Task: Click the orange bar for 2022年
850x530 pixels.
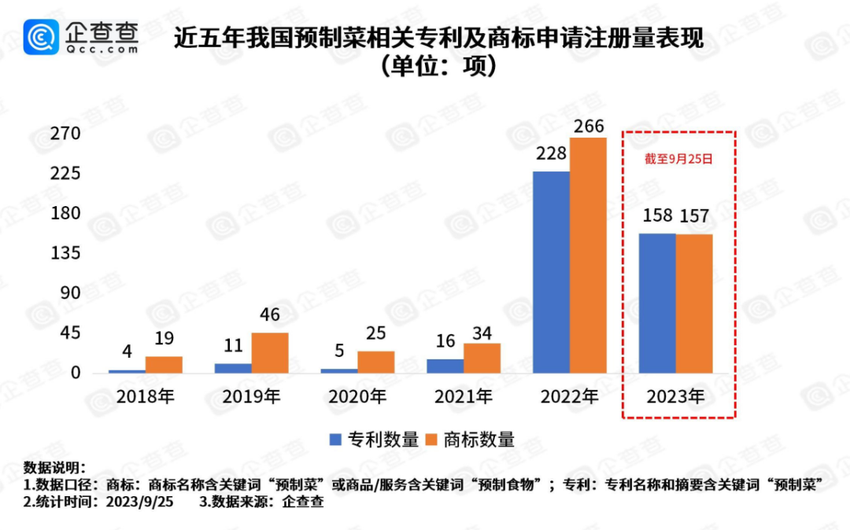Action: point(588,256)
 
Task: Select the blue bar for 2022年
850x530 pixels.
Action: point(551,272)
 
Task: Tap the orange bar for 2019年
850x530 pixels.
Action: point(270,352)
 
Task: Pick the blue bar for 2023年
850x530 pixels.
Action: point(657,303)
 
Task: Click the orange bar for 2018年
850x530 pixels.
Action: point(164,365)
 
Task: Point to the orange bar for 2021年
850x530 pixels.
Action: point(482,358)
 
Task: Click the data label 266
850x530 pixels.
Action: point(589,127)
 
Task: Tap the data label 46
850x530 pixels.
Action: point(269,315)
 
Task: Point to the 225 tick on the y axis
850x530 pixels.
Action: point(66,174)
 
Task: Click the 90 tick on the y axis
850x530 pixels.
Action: point(71,293)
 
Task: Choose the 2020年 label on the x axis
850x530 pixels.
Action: point(358,397)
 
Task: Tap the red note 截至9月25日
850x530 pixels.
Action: point(678,159)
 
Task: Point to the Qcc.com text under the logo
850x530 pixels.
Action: point(102,49)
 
